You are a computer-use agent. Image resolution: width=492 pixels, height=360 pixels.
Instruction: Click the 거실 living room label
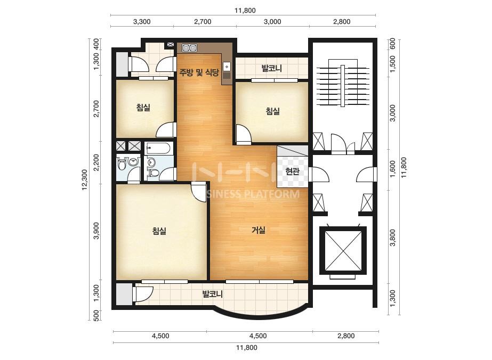pyautogui.click(x=259, y=230)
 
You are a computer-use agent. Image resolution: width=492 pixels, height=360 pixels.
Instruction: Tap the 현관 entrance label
pyautogui.click(x=292, y=171)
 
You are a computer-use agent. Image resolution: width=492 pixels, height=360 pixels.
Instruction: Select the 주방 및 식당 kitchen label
pyautogui.click(x=199, y=73)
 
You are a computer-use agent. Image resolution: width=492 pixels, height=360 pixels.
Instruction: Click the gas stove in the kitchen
pyautogui.click(x=190, y=48)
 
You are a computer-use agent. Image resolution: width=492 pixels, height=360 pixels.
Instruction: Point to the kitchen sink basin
pyautogui.click(x=227, y=67)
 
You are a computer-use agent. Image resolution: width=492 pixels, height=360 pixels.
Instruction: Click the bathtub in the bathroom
pyautogui.click(x=158, y=148)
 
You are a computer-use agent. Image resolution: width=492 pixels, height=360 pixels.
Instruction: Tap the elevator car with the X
pyautogui.click(x=343, y=250)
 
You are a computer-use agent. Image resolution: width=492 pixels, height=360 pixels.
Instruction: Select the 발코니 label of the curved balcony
pyautogui.click(x=213, y=294)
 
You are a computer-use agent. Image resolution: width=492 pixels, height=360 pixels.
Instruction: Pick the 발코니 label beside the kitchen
pyautogui.click(x=272, y=68)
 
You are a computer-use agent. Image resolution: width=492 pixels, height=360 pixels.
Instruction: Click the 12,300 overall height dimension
pyautogui.click(x=85, y=180)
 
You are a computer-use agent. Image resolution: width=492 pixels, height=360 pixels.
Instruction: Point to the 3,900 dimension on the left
pyautogui.click(x=96, y=231)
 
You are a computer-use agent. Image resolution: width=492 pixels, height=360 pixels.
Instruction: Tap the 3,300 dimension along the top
pyautogui.click(x=142, y=22)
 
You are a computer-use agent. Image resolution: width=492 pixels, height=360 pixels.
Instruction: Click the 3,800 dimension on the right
pyautogui.click(x=392, y=238)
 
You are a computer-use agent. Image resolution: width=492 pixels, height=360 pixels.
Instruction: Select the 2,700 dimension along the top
pyautogui.click(x=203, y=22)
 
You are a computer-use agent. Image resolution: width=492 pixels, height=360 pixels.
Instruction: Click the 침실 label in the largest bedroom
pyautogui.click(x=159, y=231)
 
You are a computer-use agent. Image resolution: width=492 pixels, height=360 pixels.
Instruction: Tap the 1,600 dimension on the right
pyautogui.click(x=392, y=169)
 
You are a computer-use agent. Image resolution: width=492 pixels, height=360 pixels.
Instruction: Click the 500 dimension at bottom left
pyautogui.click(x=96, y=315)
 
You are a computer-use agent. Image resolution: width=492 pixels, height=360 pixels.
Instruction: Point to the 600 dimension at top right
pyautogui.click(x=392, y=44)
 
